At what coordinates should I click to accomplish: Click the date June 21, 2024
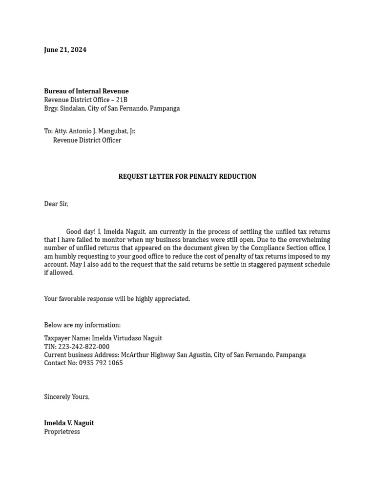[x=65, y=50]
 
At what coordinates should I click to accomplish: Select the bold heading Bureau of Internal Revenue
[x=86, y=91]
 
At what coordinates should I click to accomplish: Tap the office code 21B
[x=122, y=100]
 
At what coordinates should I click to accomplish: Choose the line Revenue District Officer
[x=87, y=140]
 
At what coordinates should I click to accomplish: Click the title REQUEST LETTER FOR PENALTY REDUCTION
[x=187, y=177]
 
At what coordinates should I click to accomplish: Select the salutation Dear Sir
[x=56, y=204]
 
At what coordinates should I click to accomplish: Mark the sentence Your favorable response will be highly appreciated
[x=117, y=299]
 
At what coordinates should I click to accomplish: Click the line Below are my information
[x=82, y=325]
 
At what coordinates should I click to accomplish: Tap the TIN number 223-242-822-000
[x=83, y=347]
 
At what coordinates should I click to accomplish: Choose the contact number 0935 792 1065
[x=100, y=363]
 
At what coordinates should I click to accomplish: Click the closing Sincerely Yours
[x=67, y=397]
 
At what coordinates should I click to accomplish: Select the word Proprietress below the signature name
[x=62, y=432]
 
